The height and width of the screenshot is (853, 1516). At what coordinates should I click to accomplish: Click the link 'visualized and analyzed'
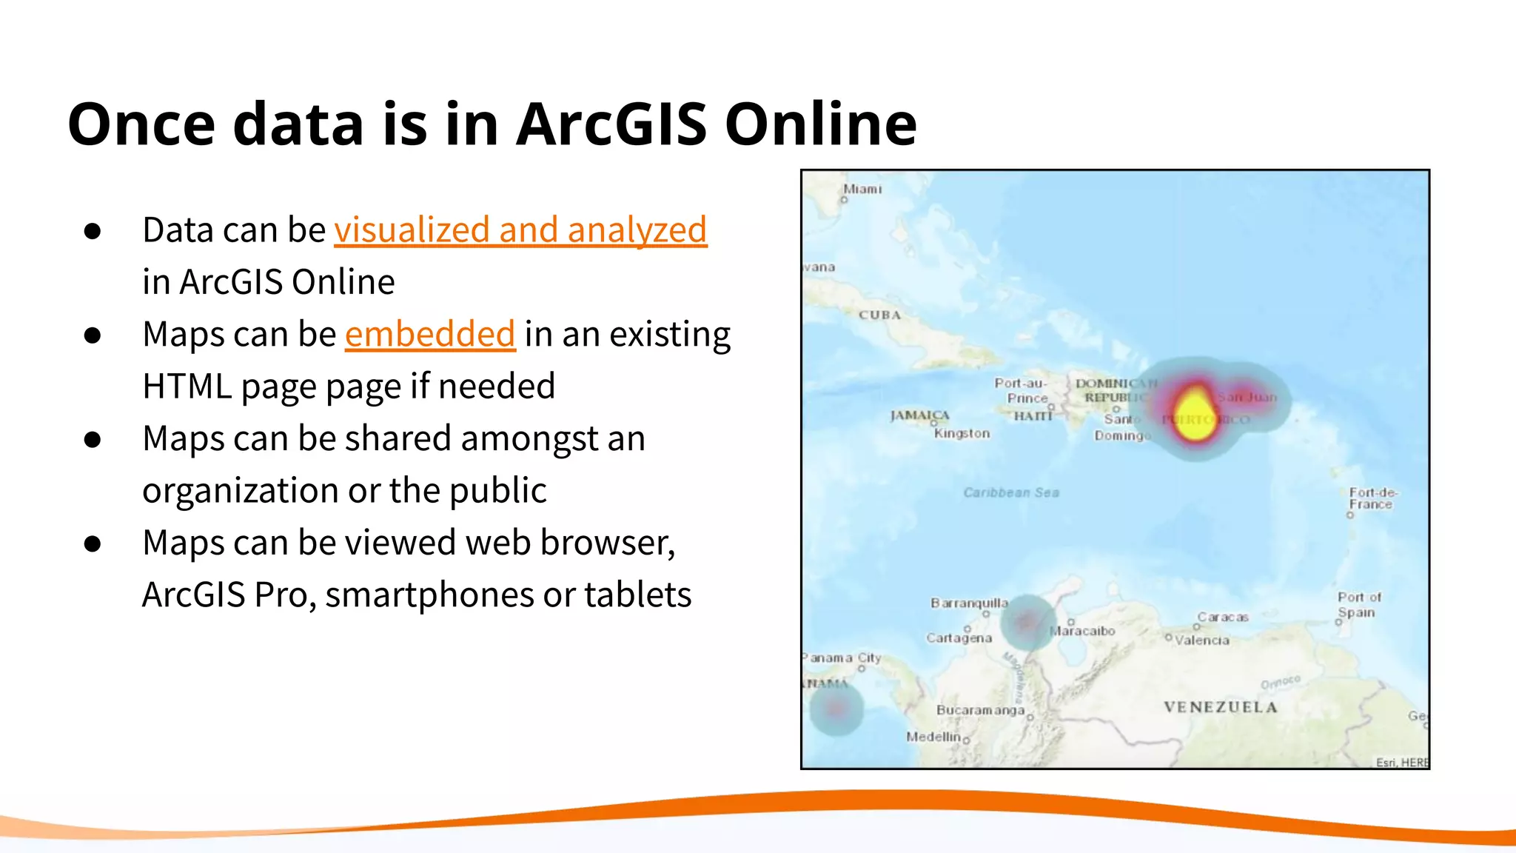point(520,230)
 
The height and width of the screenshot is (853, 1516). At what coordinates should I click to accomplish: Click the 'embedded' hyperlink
point(430,334)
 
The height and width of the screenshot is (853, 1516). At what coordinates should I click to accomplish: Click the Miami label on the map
point(862,190)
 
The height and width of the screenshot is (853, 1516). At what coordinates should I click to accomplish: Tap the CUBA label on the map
point(879,315)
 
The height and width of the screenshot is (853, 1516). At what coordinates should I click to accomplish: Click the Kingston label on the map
point(962,433)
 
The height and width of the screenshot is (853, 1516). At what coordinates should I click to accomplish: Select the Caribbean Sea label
point(1011,492)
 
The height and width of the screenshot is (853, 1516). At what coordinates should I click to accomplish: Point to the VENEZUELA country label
point(1220,707)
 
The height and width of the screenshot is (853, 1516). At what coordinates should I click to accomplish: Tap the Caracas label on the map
point(1223,617)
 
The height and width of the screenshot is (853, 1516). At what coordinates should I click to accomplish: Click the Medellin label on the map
point(933,737)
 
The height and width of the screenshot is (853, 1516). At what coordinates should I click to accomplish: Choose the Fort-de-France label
point(1372,498)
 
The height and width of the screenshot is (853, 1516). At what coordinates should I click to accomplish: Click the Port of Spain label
point(1358,605)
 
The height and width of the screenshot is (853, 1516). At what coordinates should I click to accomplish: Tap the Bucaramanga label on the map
point(980,710)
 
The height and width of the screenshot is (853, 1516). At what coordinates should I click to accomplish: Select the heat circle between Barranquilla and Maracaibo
point(1027,623)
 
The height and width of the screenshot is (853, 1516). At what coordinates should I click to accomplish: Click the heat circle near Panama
point(836,709)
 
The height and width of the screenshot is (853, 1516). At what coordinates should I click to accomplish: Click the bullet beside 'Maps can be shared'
point(93,439)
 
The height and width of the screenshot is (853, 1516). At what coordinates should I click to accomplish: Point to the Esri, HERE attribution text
point(1401,762)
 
